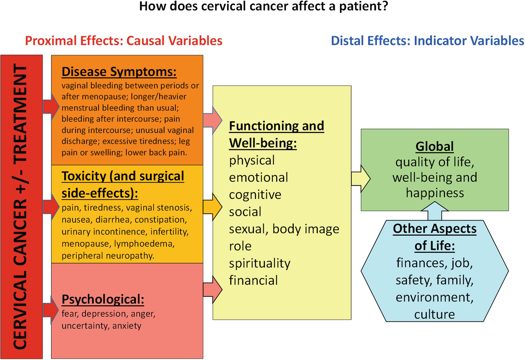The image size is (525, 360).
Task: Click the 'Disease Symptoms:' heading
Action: [119, 72]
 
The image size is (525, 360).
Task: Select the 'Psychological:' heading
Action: [103, 300]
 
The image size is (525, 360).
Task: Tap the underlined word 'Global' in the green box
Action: [435, 147]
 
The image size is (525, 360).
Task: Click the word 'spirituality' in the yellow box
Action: [260, 263]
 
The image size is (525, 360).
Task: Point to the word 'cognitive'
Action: [255, 195]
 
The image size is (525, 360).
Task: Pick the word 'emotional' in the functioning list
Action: [259, 178]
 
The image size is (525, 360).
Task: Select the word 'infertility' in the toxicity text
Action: [169, 232]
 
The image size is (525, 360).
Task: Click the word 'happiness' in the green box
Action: [435, 193]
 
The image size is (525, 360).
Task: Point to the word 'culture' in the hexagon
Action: [435, 314]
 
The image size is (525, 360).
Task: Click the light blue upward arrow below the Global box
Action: [435, 211]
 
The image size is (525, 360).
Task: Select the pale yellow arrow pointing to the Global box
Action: [361, 179]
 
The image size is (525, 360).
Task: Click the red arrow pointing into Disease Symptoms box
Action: [51, 107]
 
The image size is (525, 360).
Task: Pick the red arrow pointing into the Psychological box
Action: [51, 310]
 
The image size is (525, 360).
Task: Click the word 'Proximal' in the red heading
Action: [51, 41]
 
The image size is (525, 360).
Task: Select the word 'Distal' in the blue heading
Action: [347, 41]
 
